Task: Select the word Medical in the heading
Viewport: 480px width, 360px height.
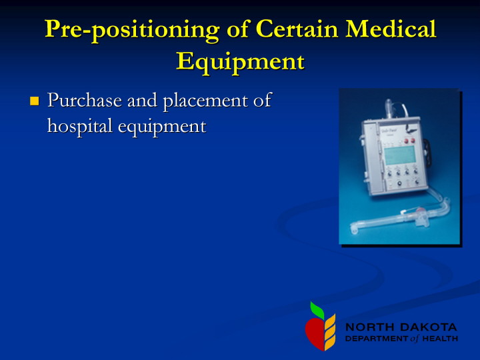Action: click(x=391, y=29)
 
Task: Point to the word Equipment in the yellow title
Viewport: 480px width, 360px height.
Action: click(x=241, y=63)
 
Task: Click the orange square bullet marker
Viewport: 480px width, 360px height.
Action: click(x=35, y=101)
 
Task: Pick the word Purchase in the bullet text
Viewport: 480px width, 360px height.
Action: click(x=85, y=100)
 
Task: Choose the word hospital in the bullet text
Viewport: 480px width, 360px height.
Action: click(x=79, y=126)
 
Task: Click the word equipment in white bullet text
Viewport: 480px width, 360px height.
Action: click(x=162, y=127)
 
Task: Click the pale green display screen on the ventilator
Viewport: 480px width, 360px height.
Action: click(x=400, y=155)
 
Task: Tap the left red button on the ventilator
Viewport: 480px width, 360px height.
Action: click(x=407, y=141)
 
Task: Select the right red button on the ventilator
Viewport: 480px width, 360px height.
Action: click(x=413, y=141)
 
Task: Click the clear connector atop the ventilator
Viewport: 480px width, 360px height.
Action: click(x=389, y=109)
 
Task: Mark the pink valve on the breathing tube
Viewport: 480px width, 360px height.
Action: click(x=420, y=211)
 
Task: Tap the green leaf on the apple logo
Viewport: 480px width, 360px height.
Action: click(x=317, y=310)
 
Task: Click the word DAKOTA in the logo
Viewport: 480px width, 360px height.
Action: click(x=429, y=327)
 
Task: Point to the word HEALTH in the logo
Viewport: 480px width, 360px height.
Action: click(x=440, y=339)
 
